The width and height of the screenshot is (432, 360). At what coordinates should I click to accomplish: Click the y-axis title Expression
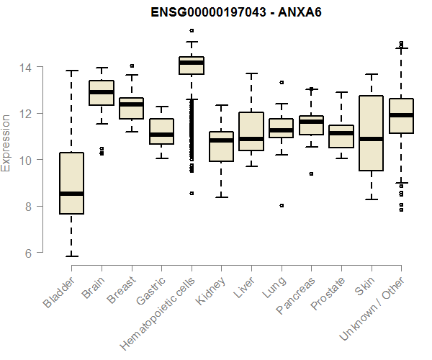pyautogui.click(x=6, y=142)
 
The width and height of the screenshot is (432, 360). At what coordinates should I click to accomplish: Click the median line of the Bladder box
pyautogui.click(x=71, y=193)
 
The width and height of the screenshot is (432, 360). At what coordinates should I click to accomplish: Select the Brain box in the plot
pyautogui.click(x=102, y=93)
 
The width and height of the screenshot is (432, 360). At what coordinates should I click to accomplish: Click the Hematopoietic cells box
pyautogui.click(x=192, y=66)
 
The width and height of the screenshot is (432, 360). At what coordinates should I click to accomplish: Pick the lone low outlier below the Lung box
pyautogui.click(x=282, y=205)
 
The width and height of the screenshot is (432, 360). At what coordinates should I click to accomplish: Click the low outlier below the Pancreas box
pyautogui.click(x=311, y=174)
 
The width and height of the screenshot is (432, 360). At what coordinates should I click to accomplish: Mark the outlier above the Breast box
pyautogui.click(x=132, y=66)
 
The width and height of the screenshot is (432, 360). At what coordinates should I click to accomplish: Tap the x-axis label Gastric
pyautogui.click(x=151, y=292)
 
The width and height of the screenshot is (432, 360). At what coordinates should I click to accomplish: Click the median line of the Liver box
pyautogui.click(x=251, y=139)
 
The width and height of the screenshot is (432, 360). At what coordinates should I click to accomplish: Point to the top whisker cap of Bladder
pyautogui.click(x=71, y=71)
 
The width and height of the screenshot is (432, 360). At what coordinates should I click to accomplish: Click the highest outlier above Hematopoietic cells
pyautogui.click(x=192, y=30)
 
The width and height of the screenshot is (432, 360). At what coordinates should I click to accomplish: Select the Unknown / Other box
pyautogui.click(x=401, y=116)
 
